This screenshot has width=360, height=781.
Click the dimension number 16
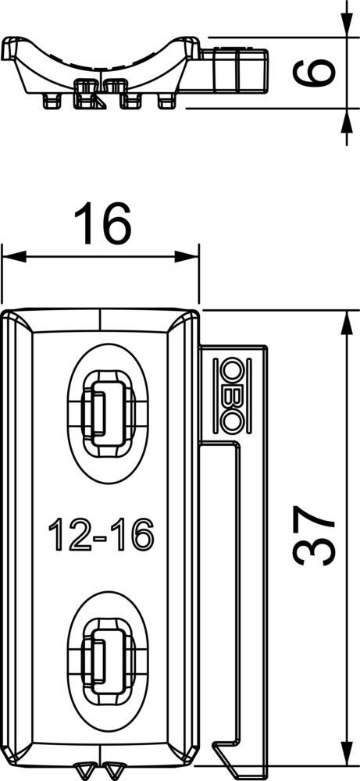(102, 223)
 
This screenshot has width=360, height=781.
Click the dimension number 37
(314, 536)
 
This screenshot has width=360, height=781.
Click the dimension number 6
(314, 72)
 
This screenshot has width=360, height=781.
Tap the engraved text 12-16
(101, 534)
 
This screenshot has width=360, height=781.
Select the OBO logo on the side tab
(230, 395)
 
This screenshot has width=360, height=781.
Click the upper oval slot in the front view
(107, 413)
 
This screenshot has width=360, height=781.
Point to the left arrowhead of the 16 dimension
(14, 257)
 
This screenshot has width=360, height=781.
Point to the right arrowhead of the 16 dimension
(187, 257)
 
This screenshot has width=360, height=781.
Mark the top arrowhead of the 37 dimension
(347, 324)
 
